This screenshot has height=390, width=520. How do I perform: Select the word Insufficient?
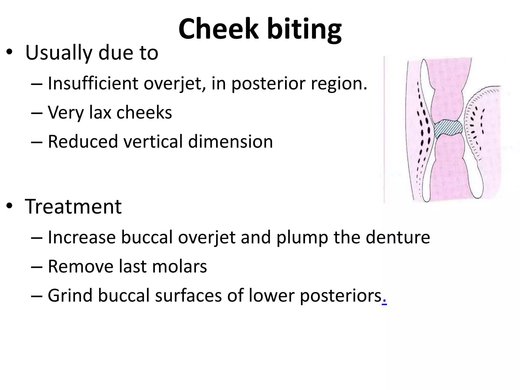(x=93, y=83)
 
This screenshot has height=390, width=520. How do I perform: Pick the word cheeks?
(x=144, y=112)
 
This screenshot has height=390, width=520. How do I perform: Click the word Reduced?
(x=83, y=141)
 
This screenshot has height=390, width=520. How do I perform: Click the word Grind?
(x=70, y=296)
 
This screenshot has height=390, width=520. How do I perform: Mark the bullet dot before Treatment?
(x=9, y=206)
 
